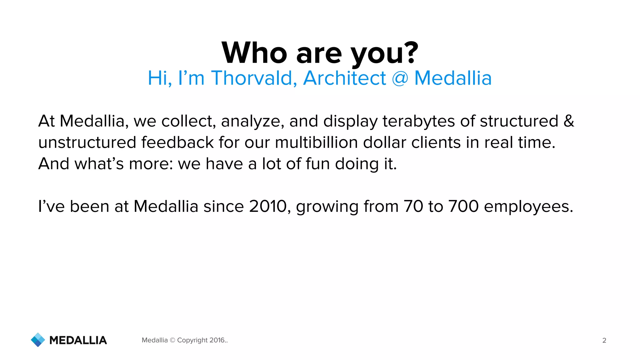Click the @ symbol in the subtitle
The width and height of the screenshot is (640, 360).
[x=400, y=78]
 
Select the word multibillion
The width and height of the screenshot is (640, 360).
[x=316, y=142]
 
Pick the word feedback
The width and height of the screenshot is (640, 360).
[x=177, y=142]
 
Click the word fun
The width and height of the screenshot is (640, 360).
[x=317, y=164]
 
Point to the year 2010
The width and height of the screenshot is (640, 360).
[x=267, y=207]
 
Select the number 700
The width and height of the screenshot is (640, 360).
[x=463, y=207]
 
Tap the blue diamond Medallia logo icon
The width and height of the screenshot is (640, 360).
[x=38, y=340]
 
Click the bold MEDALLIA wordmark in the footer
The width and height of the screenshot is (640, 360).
[x=78, y=340]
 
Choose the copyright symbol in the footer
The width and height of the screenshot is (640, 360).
[x=172, y=340]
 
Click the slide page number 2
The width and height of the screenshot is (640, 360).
[x=604, y=340]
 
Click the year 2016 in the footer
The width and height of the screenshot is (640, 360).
[x=217, y=340]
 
